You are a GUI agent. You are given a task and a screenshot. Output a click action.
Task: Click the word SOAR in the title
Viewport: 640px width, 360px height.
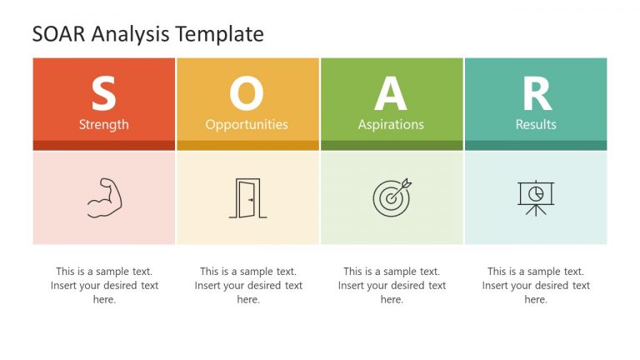tap(58, 34)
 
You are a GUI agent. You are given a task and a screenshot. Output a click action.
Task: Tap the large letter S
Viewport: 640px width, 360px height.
tap(103, 94)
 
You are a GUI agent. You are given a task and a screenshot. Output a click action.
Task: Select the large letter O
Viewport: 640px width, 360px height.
tap(247, 94)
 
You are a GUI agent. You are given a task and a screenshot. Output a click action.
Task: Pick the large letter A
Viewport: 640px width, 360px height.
tap(391, 94)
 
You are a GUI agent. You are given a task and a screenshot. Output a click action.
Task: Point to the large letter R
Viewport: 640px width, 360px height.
tap(536, 94)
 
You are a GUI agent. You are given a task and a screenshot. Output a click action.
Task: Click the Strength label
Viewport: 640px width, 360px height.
tap(103, 124)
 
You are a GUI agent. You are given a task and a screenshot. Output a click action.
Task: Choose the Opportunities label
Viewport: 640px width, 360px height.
tap(247, 124)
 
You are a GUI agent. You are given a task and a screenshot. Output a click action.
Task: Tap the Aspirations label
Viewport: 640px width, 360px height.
tap(391, 124)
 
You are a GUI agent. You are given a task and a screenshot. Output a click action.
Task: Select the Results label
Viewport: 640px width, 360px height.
tap(536, 124)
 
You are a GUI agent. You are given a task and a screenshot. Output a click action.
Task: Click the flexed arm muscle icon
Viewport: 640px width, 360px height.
tap(104, 198)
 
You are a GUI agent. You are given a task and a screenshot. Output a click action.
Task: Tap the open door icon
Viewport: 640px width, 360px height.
tap(247, 198)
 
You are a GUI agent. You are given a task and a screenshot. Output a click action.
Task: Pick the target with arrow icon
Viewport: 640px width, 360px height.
tap(392, 197)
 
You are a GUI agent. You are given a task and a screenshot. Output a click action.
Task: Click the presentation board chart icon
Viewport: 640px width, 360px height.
tap(535, 197)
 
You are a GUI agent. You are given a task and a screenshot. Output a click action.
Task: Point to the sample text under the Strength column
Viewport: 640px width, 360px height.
tap(104, 285)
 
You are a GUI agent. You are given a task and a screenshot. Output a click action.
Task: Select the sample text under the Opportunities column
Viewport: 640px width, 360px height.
tap(248, 285)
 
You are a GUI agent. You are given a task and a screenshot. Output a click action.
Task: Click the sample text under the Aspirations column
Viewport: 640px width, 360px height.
tap(392, 285)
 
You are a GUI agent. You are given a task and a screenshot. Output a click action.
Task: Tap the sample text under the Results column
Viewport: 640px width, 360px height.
tap(536, 285)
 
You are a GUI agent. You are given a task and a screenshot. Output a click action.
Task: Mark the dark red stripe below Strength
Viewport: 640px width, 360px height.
tap(104, 145)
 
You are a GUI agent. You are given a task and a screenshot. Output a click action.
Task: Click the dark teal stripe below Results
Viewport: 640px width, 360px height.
tap(536, 145)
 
